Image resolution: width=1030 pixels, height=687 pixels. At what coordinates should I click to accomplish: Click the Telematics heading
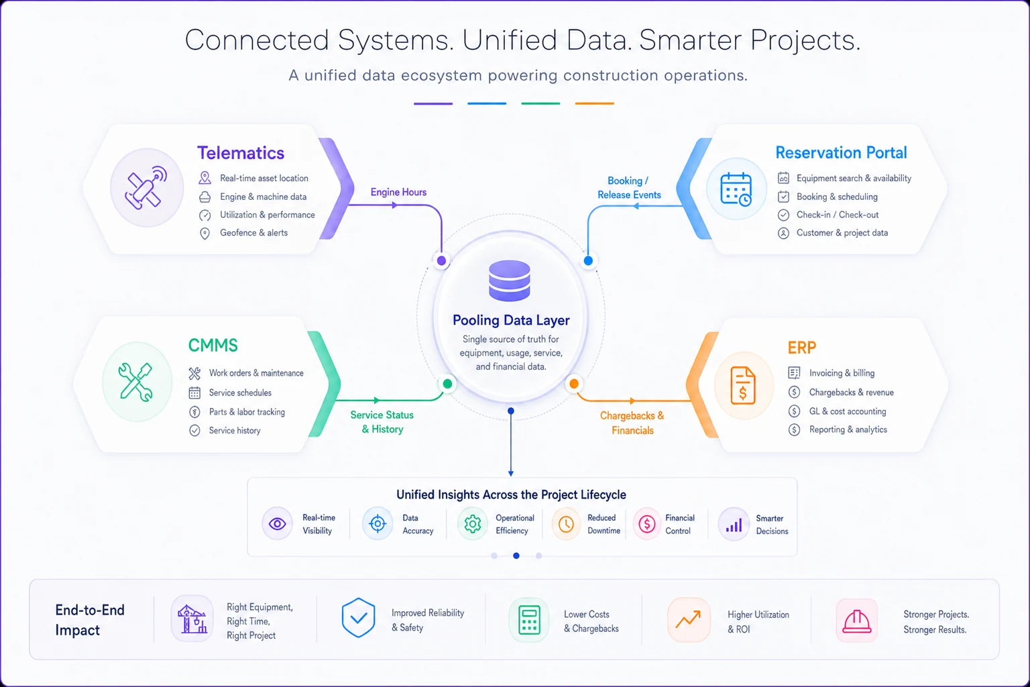coord(241,153)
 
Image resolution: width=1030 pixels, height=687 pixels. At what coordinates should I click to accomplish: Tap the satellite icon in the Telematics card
coord(146,188)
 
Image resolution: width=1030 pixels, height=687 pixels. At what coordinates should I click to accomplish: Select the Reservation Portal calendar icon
coord(736,189)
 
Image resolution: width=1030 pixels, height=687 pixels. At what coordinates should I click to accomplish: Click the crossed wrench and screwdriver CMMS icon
coord(135,382)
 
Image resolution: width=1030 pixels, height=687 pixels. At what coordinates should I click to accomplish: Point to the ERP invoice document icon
coord(742,386)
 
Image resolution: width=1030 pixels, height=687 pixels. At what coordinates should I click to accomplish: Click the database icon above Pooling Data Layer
coord(510,280)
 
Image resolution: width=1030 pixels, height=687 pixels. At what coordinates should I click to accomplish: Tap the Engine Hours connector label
coord(398,193)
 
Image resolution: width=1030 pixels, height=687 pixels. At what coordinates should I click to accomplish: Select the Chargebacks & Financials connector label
coord(632,423)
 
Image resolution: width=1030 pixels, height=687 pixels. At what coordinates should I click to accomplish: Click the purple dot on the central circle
coord(441,261)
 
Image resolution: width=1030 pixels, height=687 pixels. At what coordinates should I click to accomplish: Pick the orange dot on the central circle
coord(574,383)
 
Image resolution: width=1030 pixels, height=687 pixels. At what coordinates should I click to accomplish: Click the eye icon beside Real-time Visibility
coord(277,524)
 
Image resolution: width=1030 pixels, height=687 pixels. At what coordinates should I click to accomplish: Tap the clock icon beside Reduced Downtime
coord(565,524)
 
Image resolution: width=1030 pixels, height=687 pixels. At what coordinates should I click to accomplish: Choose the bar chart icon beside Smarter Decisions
coord(734,525)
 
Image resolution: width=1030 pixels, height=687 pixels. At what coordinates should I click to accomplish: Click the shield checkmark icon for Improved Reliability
coord(358,617)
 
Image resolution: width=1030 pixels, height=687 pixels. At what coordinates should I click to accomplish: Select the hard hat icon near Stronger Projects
coord(856,621)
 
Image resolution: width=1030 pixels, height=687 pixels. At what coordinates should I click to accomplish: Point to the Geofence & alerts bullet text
coord(254,233)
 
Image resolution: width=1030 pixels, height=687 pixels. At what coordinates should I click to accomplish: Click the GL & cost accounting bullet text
coord(848,411)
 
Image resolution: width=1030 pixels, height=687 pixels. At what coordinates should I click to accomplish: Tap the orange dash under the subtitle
coord(594,103)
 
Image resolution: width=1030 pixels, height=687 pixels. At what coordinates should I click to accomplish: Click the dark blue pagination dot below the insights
coord(516,556)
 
